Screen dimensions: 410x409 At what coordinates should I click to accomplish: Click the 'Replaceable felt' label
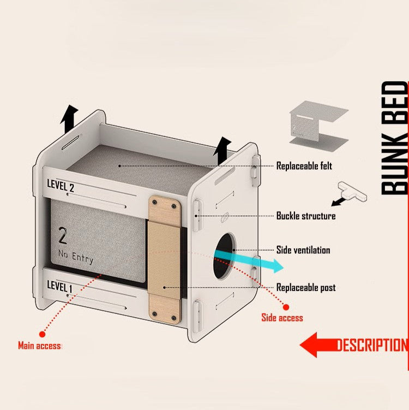pos(304,165)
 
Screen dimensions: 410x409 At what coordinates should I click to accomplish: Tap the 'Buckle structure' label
pos(305,216)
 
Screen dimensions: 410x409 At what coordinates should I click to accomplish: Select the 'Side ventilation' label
pos(303,250)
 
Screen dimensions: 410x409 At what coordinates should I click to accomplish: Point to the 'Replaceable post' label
pos(305,287)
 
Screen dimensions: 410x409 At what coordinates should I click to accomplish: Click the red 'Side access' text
pos(282,318)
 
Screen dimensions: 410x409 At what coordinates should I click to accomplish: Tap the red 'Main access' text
pos(39,346)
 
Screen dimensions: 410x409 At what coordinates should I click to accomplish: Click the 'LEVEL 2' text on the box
pos(61,186)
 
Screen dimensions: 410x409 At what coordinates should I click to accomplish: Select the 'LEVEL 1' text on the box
pos(59,286)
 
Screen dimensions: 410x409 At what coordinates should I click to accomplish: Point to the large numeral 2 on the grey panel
pos(63,236)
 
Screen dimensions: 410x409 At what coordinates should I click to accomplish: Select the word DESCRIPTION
pos(371,346)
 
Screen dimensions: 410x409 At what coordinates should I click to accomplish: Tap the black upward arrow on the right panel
pos(222,150)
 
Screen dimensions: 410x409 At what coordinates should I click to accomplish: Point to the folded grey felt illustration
pos(318,126)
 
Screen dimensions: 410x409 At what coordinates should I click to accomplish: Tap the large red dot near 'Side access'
pos(286,307)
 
